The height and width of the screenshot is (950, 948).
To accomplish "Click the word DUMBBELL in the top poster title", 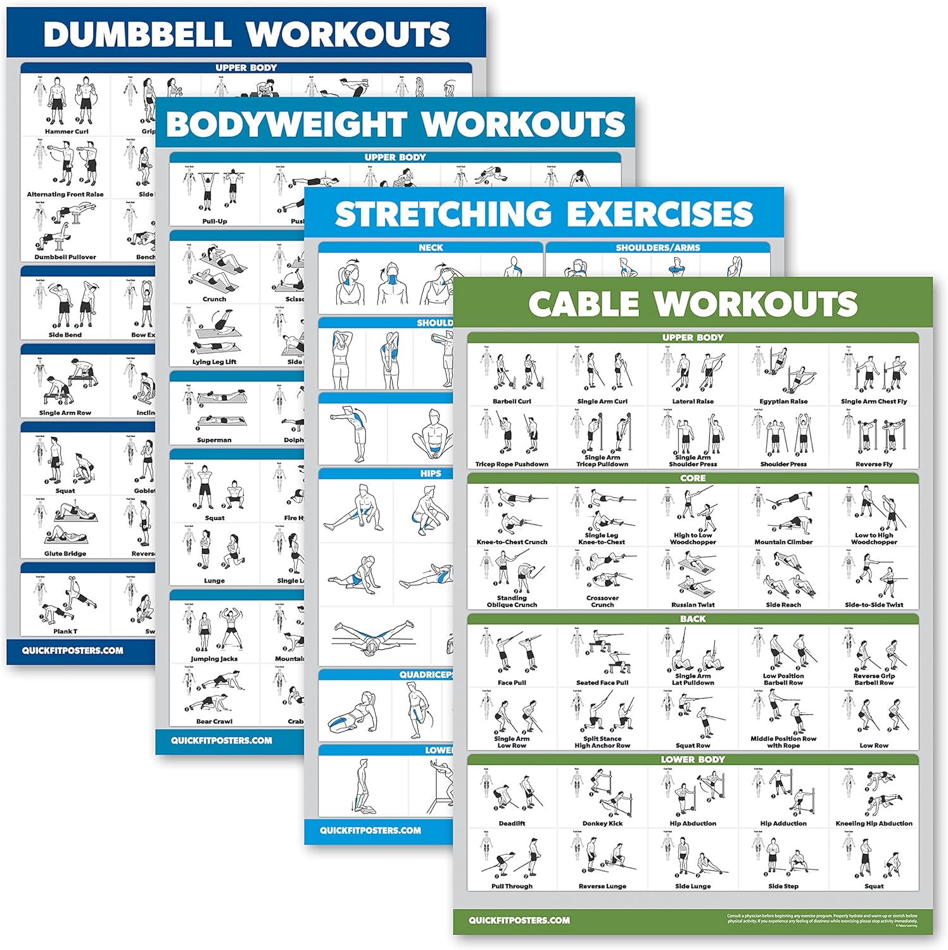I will pyautogui.click(x=137, y=34).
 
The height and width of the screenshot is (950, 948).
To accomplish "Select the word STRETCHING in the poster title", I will pyautogui.click(x=443, y=214).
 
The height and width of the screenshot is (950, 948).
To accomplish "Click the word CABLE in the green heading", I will pyautogui.click(x=583, y=304).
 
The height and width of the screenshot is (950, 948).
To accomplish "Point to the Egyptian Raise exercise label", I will pyautogui.click(x=783, y=402).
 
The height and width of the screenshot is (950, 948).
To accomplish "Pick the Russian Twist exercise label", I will pyautogui.click(x=693, y=605).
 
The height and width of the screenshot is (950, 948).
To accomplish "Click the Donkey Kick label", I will pyautogui.click(x=602, y=823).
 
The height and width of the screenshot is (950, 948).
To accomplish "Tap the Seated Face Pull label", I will pyautogui.click(x=602, y=683).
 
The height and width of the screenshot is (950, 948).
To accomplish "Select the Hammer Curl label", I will pyautogui.click(x=66, y=132).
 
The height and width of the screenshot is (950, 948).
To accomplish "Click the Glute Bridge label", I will pyautogui.click(x=65, y=554).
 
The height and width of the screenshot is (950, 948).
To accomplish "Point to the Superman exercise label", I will pyautogui.click(x=214, y=440).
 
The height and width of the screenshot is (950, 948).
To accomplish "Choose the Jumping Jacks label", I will pyautogui.click(x=214, y=659).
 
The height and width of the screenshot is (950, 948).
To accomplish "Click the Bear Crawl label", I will pyautogui.click(x=214, y=721).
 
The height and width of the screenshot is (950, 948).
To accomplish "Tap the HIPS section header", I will pyautogui.click(x=431, y=474).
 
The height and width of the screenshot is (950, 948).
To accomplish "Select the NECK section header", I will pyautogui.click(x=431, y=248).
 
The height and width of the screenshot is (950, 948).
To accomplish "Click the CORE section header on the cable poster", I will pyautogui.click(x=693, y=478).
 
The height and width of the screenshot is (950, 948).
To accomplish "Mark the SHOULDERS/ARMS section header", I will pyautogui.click(x=658, y=248).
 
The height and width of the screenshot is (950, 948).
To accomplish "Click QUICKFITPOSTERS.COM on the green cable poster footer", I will pyautogui.click(x=519, y=920).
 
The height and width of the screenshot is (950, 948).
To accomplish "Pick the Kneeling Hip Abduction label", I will pyautogui.click(x=874, y=823).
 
